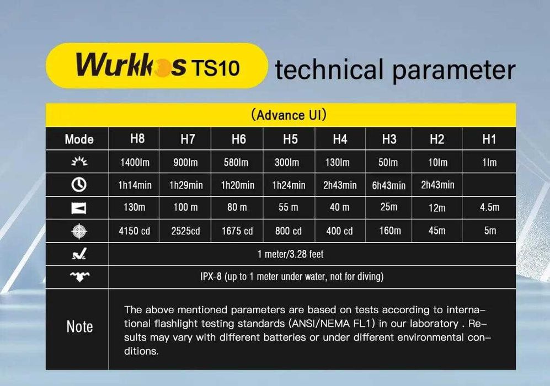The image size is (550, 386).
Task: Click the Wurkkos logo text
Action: [x=131, y=66]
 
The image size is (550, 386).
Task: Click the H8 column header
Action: [x=137, y=138]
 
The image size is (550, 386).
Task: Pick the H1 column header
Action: [x=489, y=140]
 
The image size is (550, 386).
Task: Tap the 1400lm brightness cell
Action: [x=135, y=163]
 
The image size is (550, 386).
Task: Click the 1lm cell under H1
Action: [x=489, y=163]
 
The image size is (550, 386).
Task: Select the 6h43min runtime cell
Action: [x=389, y=185]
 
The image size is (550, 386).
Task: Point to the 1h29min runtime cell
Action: [x=186, y=185]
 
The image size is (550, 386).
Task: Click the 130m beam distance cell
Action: [x=135, y=207]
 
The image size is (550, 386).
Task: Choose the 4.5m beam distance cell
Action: [x=489, y=207]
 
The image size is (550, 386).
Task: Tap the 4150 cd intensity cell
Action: [x=135, y=230]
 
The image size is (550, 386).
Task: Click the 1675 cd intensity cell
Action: [x=237, y=230]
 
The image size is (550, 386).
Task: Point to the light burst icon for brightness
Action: [x=79, y=162]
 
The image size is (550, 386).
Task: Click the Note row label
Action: [x=79, y=326]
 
